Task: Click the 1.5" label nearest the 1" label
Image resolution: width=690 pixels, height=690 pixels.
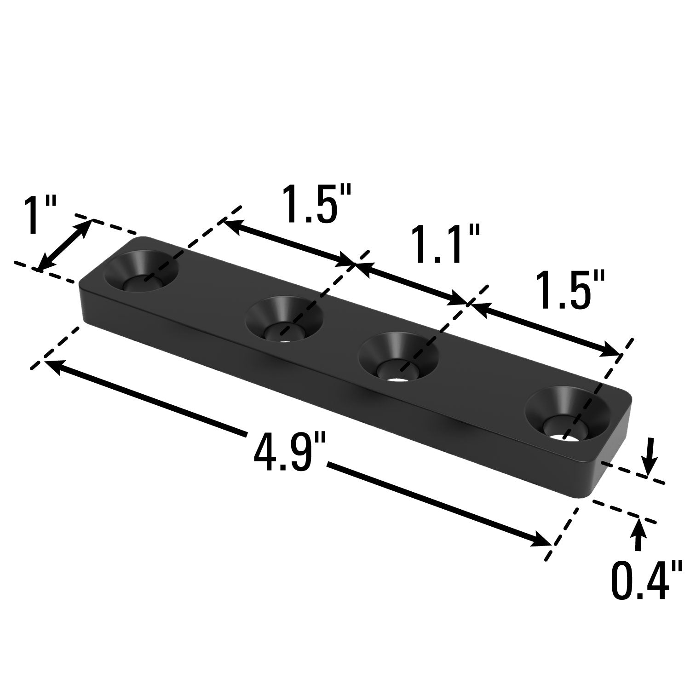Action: click(316, 204)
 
